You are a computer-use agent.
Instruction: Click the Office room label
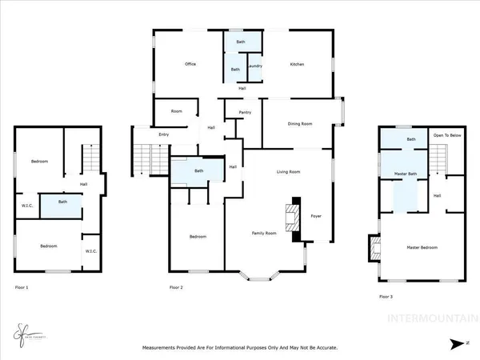tap(190, 64)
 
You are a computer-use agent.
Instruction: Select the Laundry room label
tap(255, 66)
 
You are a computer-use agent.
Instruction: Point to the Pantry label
tap(245, 113)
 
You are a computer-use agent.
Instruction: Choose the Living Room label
tap(288, 172)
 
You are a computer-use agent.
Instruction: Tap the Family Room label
tap(265, 232)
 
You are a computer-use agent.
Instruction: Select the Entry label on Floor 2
tap(164, 134)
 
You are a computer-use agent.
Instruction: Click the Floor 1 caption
tap(22, 286)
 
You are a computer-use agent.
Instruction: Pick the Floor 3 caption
tap(386, 296)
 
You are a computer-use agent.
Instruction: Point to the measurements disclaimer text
tap(240, 348)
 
